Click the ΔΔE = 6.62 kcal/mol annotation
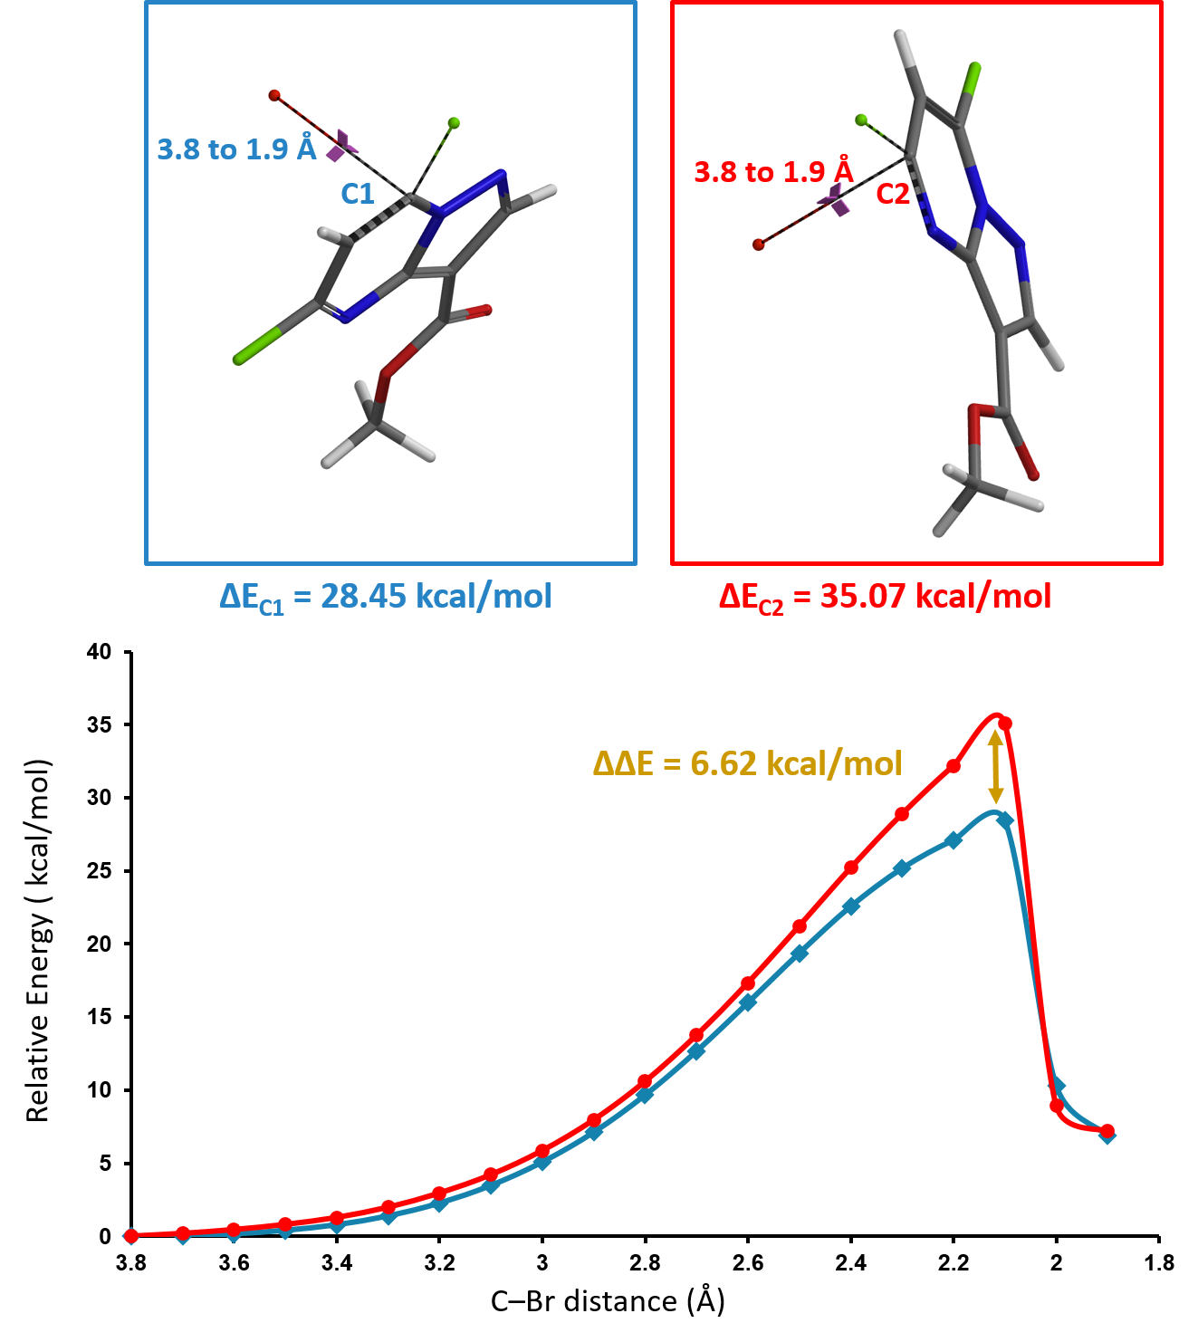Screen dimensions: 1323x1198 click(747, 763)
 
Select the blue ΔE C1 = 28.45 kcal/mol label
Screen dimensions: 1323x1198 click(386, 597)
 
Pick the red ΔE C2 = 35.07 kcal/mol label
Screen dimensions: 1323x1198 click(885, 597)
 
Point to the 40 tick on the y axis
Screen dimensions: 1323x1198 click(100, 651)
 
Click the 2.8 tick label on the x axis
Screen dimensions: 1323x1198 click(645, 1262)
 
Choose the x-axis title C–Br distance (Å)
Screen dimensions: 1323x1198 click(608, 1301)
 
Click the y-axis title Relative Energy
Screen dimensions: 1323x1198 click(38, 942)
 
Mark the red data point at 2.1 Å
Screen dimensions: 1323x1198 click(1004, 724)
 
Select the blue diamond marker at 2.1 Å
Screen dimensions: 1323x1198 click(1004, 820)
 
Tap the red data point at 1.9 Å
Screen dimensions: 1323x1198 click(1107, 1131)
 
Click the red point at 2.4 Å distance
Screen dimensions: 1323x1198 click(851, 868)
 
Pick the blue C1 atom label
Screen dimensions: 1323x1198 click(358, 194)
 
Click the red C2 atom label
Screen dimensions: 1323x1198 click(893, 194)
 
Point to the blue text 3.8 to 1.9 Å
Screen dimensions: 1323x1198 click(236, 149)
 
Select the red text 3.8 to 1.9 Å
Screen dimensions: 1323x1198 click(772, 171)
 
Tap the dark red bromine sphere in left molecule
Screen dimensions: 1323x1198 click(274, 95)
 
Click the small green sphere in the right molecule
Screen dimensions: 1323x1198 click(861, 120)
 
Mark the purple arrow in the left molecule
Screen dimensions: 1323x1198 click(342, 145)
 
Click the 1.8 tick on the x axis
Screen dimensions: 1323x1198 click(1159, 1262)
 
